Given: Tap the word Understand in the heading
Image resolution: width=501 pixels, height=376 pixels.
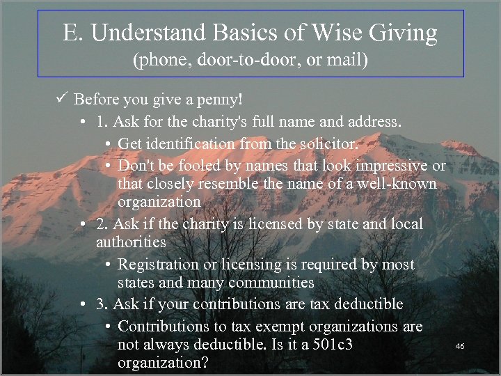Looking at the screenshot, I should click(x=138, y=33).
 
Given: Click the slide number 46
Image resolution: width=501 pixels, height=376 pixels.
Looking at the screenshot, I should click(x=459, y=345).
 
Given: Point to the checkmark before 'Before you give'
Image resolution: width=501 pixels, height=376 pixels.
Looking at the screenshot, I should click(x=62, y=100).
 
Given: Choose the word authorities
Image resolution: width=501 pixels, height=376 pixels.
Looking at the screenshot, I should click(x=131, y=242).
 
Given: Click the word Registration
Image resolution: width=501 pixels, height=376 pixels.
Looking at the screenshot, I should click(x=158, y=265).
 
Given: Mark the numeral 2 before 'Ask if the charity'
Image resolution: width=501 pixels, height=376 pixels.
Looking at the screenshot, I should click(x=101, y=224).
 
